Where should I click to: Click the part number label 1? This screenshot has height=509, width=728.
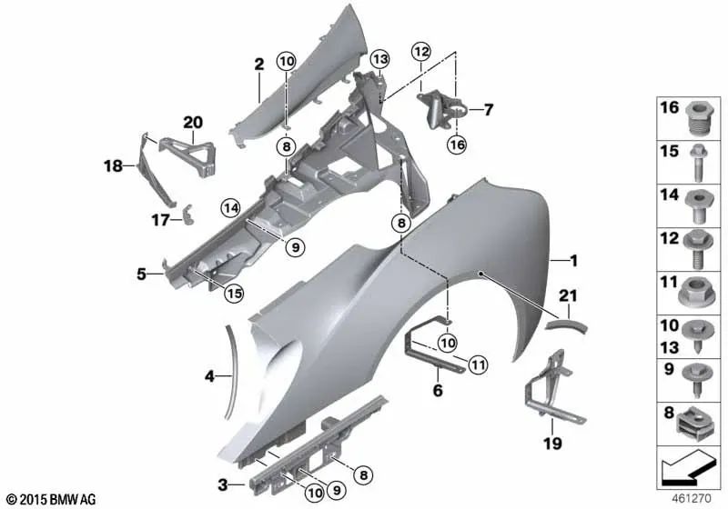tap(572, 261)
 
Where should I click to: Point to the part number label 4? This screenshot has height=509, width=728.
tap(208, 374)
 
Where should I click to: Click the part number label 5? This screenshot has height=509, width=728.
tap(142, 272)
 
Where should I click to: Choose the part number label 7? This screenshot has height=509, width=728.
tap(488, 111)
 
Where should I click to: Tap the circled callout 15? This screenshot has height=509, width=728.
tap(234, 293)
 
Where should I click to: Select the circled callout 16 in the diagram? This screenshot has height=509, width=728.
tap(456, 144)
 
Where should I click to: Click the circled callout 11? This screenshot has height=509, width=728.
tap(475, 365)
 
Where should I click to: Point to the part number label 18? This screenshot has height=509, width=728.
tap(112, 166)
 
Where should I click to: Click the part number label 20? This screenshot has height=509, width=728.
tap(193, 122)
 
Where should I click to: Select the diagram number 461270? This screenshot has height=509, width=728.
tap(693, 498)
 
